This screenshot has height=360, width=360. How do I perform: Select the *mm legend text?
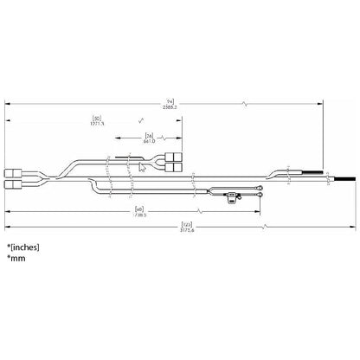pyautogui.click(x=15, y=259)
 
